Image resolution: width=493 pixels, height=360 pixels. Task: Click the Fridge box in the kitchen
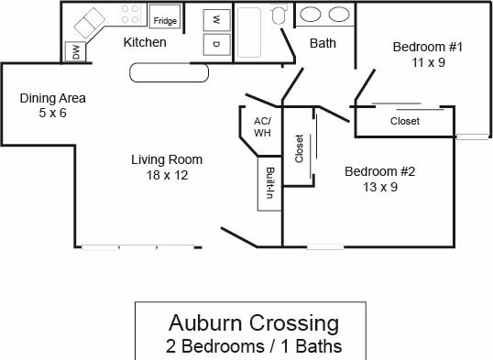tap(165, 16)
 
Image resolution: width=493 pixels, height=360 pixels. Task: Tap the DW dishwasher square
tap(75, 51)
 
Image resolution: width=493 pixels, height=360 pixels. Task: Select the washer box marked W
tap(216, 20)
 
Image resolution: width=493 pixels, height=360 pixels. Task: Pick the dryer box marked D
tap(216, 44)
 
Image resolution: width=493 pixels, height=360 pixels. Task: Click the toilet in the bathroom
tap(279, 15)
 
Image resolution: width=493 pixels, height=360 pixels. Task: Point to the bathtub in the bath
tap(249, 32)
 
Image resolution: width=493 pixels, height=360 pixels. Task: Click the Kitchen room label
tap(145, 42)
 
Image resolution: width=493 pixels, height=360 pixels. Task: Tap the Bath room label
tap(323, 43)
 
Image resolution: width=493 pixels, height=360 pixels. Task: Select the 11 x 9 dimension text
tap(429, 62)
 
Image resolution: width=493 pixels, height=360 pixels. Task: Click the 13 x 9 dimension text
tap(380, 187)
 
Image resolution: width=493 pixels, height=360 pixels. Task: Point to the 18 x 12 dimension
tap(168, 175)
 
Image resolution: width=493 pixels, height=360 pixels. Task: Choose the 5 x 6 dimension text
tap(53, 113)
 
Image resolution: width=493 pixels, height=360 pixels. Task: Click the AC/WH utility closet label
tap(262, 127)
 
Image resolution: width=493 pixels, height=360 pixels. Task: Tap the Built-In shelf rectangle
tap(269, 183)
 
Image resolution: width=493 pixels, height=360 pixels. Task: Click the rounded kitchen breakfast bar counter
tap(170, 72)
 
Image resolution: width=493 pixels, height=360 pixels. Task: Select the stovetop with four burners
tap(130, 15)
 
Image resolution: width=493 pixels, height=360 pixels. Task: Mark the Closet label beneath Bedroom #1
tap(405, 121)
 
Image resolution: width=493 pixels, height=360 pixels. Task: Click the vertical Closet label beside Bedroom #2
tap(299, 148)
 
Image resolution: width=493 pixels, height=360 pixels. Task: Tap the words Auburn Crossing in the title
tap(254, 322)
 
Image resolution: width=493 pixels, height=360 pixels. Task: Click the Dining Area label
tap(53, 98)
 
